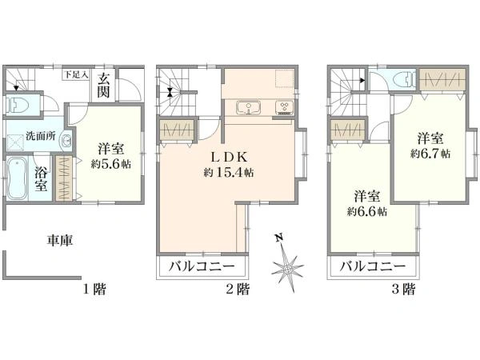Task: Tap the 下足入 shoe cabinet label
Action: [x=76, y=74]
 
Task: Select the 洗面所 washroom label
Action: [x=40, y=135]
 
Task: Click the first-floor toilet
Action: [x=18, y=105]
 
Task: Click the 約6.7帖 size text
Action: [x=430, y=150]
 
